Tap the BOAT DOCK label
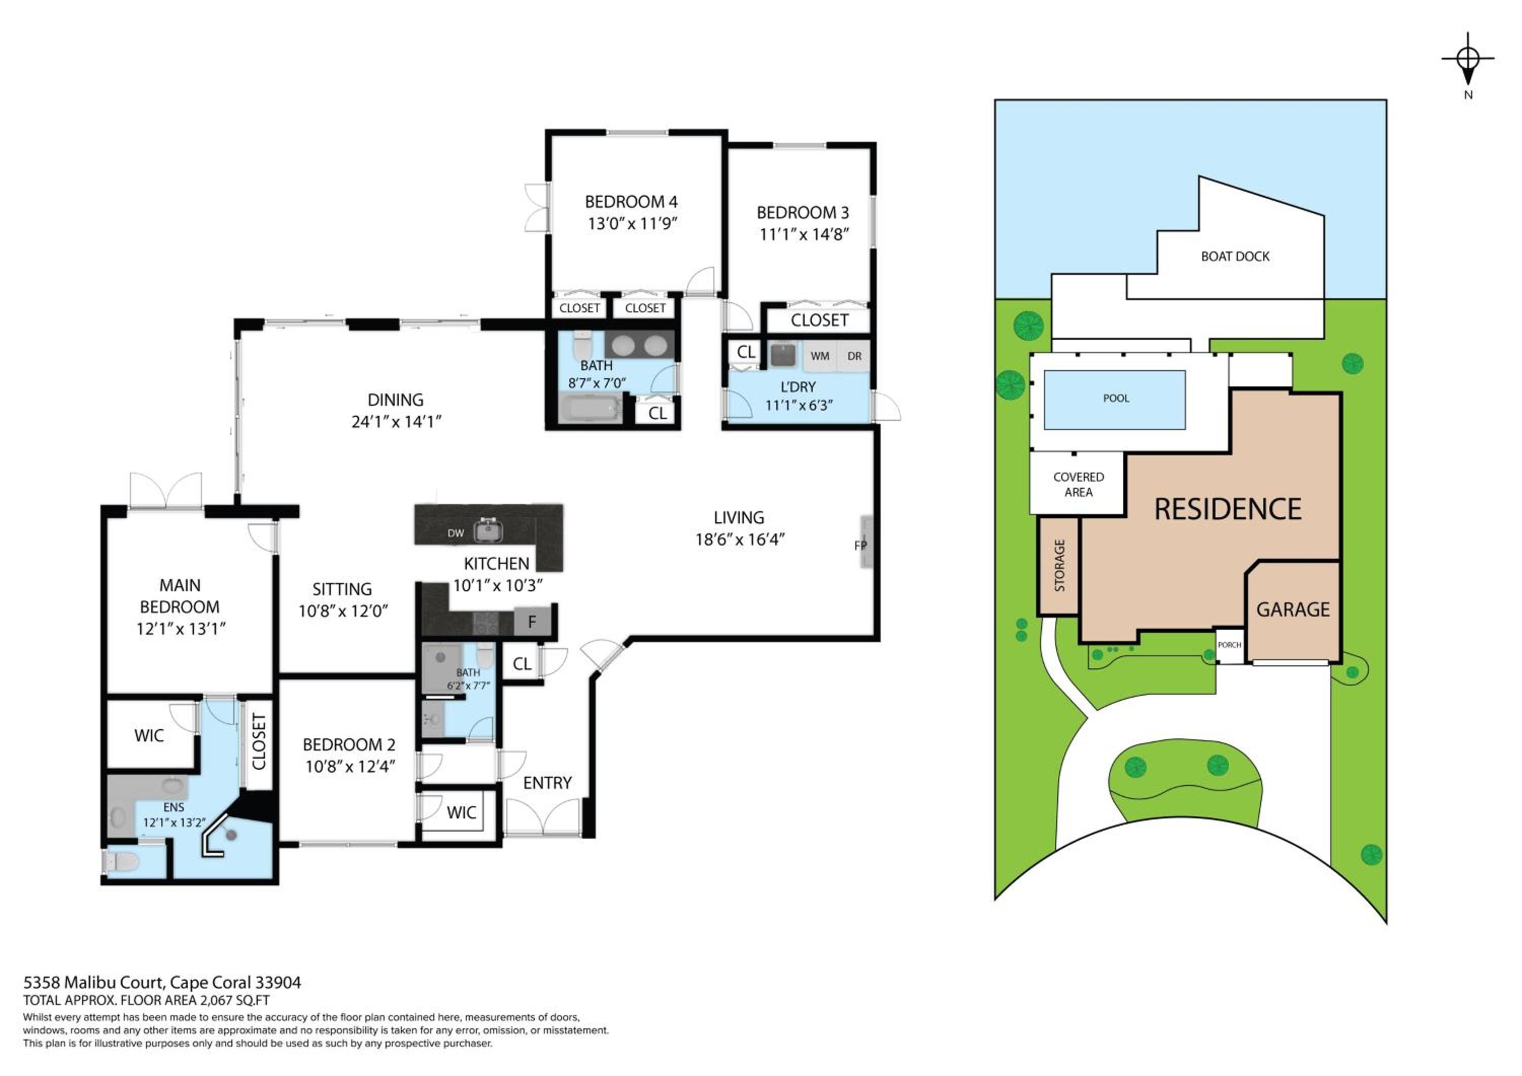click(1235, 257)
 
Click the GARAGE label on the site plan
click(1293, 609)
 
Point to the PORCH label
click(1229, 644)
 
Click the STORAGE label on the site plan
click(1059, 565)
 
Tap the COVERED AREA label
click(1079, 484)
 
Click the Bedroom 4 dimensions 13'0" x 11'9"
click(632, 223)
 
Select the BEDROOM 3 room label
click(802, 212)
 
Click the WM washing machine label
click(819, 356)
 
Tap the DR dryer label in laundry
click(854, 356)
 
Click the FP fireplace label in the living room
click(860, 545)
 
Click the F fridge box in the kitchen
click(532, 622)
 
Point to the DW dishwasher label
click(456, 533)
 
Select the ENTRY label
click(547, 782)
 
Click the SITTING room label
click(342, 589)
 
